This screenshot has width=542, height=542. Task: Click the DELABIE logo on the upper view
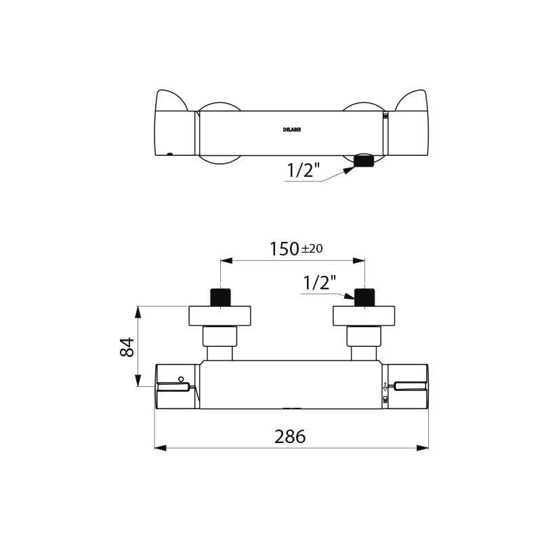pos(292,129)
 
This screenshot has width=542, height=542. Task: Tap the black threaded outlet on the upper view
pos(364,161)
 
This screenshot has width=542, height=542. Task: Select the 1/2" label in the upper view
pos(304,171)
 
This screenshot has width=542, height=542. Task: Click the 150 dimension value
pos(285,249)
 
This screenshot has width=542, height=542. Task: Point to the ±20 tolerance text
pos(312,249)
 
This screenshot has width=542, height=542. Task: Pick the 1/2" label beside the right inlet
pos(319,283)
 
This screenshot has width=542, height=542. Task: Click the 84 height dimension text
pos(127,347)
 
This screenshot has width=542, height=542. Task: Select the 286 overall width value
pos(290,436)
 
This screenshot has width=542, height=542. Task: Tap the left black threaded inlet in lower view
pos(220,297)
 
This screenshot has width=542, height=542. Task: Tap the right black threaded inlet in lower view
pos(364,297)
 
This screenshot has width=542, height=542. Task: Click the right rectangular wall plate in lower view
pos(364,316)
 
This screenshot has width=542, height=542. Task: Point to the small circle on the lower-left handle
pos(181,378)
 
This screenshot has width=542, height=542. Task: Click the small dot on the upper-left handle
pos(169,153)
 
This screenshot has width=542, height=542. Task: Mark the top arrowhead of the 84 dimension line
pos(138,311)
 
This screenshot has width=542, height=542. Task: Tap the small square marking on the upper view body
pos(385,116)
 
